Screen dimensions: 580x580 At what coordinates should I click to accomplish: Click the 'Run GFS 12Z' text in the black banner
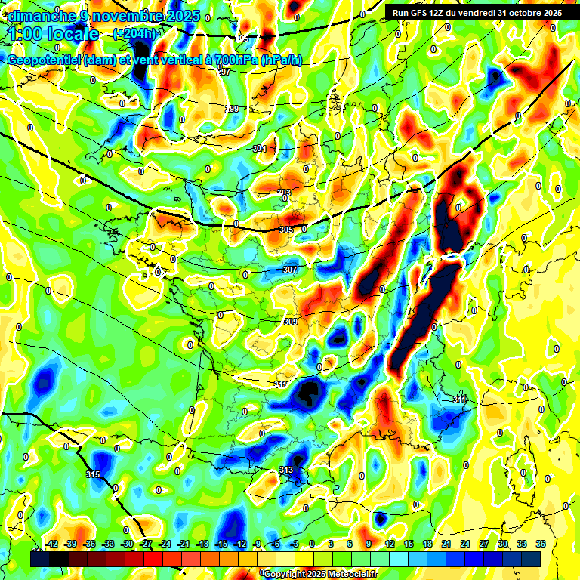pyautogui.click(x=424, y=13)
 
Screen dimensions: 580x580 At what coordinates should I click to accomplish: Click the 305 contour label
pyautogui.click(x=285, y=230)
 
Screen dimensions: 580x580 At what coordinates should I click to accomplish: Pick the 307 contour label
pyautogui.click(x=290, y=270)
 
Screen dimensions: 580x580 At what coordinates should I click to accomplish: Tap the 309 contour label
pyautogui.click(x=291, y=322)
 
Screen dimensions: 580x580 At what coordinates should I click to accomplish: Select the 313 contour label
pyautogui.click(x=285, y=470)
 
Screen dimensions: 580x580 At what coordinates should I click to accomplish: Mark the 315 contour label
pyautogui.click(x=93, y=474)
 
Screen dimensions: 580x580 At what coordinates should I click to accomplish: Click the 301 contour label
pyautogui.click(x=260, y=149)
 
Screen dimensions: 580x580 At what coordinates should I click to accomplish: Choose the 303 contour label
pyautogui.click(x=284, y=193)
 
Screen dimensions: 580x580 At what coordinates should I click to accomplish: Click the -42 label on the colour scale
pyautogui.click(x=52, y=544)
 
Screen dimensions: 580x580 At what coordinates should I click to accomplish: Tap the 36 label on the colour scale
pyautogui.click(x=540, y=544)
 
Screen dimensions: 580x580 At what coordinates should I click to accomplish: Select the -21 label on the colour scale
pyautogui.click(x=184, y=544)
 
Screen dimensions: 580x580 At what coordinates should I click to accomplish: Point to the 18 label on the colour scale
pyautogui.click(x=427, y=544)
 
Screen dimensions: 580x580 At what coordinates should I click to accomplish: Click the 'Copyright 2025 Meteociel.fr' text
pyautogui.click(x=320, y=574)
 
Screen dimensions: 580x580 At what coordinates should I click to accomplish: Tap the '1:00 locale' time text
pyautogui.click(x=54, y=34)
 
